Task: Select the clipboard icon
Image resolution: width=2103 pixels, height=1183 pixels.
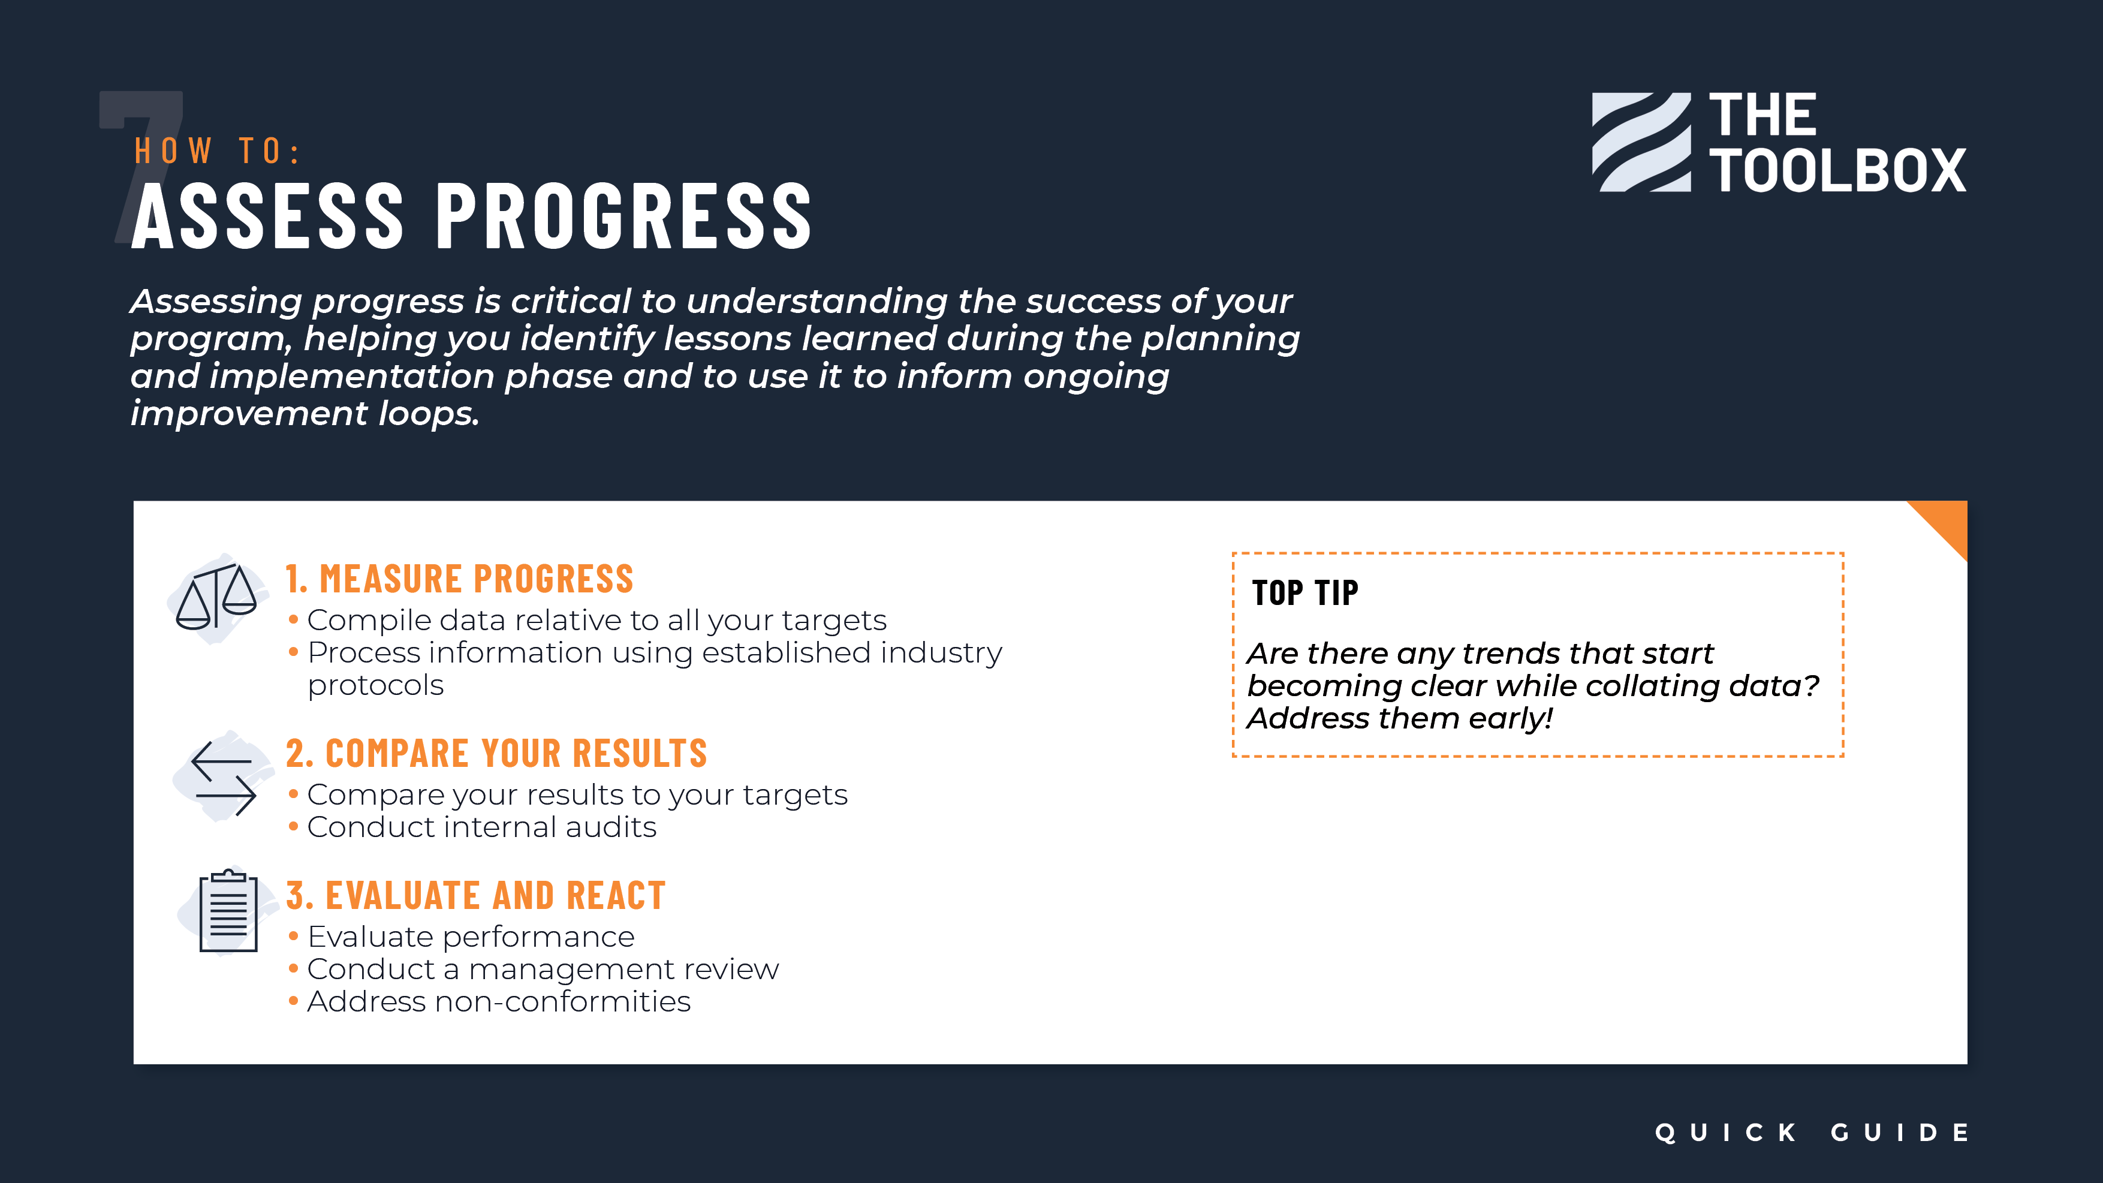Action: coord(228,910)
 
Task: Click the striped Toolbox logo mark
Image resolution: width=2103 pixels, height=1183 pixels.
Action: coord(1641,142)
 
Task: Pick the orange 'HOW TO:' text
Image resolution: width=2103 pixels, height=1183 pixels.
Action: coord(217,151)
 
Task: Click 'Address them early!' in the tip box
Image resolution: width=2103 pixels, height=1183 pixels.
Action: coord(1399,718)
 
